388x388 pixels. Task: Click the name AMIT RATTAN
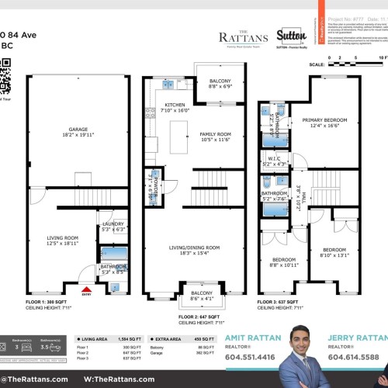click(255, 339)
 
